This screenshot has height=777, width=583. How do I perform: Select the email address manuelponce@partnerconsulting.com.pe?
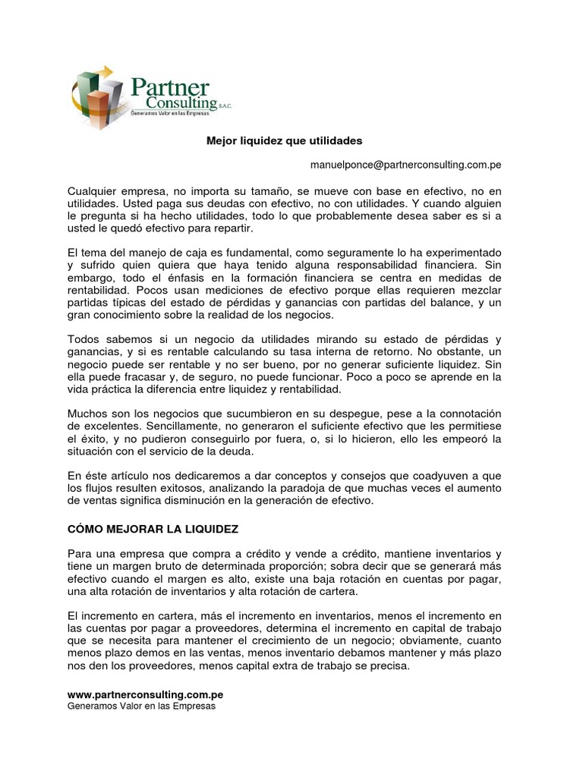tap(405, 164)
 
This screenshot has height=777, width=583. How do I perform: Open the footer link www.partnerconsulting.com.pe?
tap(145, 694)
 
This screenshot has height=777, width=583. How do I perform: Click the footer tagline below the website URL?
tap(142, 706)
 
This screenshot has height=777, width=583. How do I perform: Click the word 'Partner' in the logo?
tap(170, 87)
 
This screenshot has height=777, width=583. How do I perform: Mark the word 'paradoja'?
tap(345, 489)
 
